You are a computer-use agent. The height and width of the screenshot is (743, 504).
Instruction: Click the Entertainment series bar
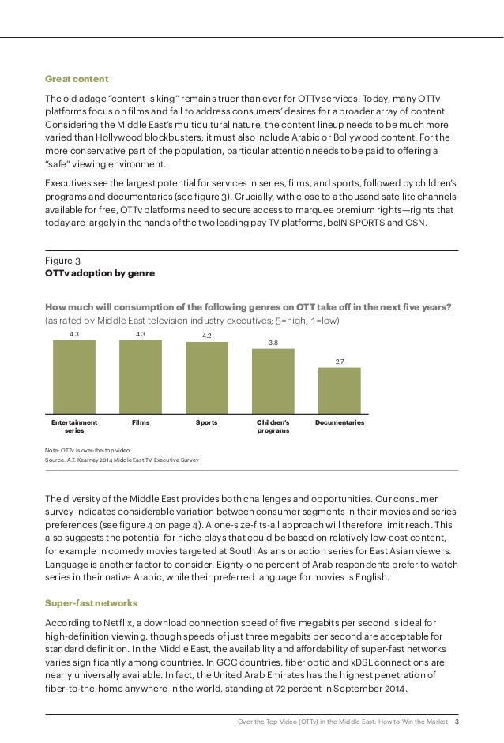tap(73, 377)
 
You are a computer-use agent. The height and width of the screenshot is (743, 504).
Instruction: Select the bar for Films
tap(140, 377)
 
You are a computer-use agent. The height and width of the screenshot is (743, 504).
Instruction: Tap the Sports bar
tap(206, 377)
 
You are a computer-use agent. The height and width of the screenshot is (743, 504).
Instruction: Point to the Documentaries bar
tap(339, 391)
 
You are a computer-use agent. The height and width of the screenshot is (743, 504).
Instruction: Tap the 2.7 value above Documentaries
tap(339, 361)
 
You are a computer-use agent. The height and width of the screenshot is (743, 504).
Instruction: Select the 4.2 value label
tap(206, 336)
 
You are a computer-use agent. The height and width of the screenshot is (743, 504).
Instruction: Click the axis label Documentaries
tap(340, 423)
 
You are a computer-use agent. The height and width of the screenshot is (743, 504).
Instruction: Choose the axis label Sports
tap(206, 423)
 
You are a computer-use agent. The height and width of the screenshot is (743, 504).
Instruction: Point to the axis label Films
tap(140, 423)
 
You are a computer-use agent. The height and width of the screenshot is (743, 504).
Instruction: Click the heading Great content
tap(76, 79)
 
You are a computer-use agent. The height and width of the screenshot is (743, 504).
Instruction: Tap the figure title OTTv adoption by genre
tap(99, 273)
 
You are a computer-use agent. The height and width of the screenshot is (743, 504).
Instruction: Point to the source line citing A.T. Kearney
tap(122, 459)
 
